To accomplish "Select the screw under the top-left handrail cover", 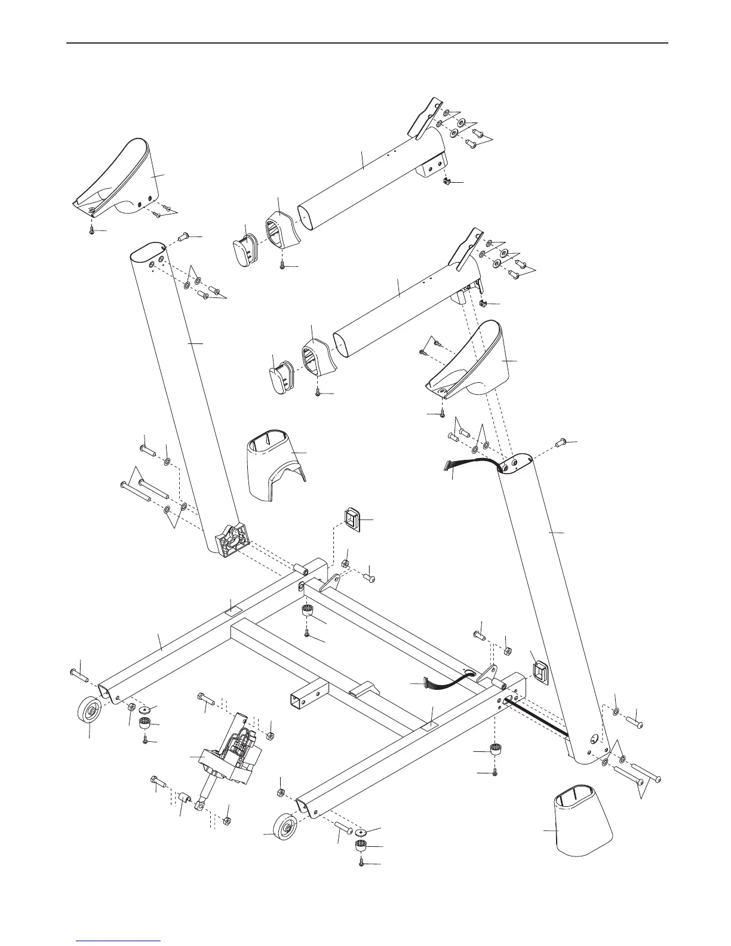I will click(x=91, y=229).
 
